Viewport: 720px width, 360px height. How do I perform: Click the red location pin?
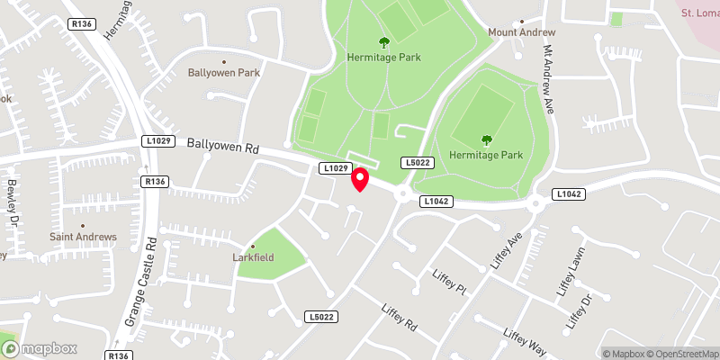coord(360,179)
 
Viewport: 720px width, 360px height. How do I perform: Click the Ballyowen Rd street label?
coord(222,145)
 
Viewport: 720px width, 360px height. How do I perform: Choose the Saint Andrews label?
coord(83,237)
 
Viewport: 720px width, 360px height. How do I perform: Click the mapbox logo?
coord(40,348)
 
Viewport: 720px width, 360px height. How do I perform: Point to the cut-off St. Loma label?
coord(698,13)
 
